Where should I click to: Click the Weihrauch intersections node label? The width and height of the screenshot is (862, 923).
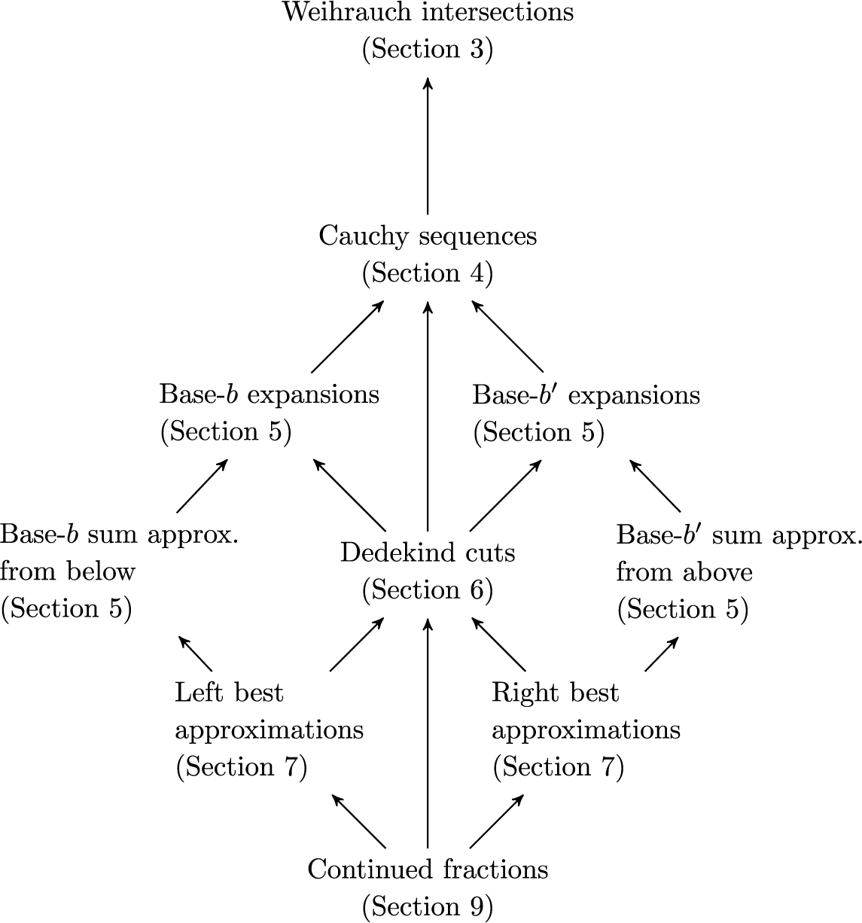[428, 13]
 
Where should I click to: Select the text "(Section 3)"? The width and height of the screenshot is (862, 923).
[428, 50]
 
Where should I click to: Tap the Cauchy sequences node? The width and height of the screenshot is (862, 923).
[428, 236]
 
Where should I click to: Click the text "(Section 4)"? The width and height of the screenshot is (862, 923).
[428, 273]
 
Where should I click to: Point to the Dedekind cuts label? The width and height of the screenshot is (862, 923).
[428, 553]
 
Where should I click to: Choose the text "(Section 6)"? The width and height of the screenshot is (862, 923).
[428, 590]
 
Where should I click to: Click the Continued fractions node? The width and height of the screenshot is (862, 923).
[428, 870]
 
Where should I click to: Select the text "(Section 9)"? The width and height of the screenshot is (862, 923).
[428, 907]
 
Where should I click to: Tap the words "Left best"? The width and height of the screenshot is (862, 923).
[229, 693]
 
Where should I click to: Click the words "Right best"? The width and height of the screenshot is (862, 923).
[555, 693]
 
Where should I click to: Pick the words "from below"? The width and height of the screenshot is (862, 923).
[68, 572]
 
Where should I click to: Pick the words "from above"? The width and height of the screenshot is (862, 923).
[684, 572]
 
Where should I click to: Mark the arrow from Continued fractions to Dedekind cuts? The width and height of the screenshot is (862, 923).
[428, 733]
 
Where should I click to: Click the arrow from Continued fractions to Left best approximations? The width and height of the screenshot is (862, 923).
[359, 821]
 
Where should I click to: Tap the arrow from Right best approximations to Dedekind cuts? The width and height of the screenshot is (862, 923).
[498, 644]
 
